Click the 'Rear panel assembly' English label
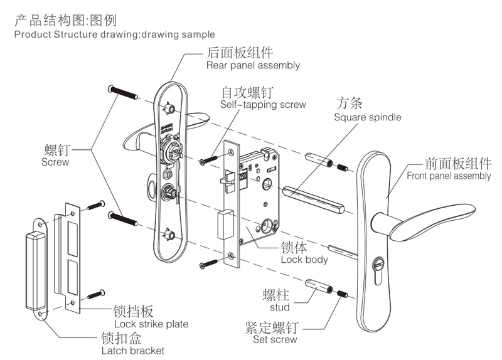[253, 65]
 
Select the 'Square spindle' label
[367, 117]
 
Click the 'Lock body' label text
[304, 260]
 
